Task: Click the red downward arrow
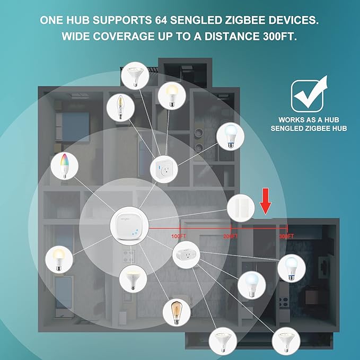tap(266, 201)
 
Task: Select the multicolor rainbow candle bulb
tap(65, 166)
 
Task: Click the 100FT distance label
tap(178, 236)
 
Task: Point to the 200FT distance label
tap(231, 236)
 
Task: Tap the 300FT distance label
tap(286, 236)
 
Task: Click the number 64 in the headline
tap(161, 20)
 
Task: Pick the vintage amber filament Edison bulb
tap(177, 312)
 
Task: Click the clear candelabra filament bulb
tap(120, 108)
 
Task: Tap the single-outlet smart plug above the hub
tap(164, 169)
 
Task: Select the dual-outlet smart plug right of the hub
tap(186, 255)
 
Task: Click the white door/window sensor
tap(241, 208)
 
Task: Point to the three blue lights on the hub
tap(135, 232)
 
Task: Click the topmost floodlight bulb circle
tap(135, 75)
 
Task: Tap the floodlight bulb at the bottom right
tap(286, 341)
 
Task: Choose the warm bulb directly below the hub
tap(133, 279)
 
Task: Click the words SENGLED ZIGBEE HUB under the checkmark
tap(309, 128)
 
